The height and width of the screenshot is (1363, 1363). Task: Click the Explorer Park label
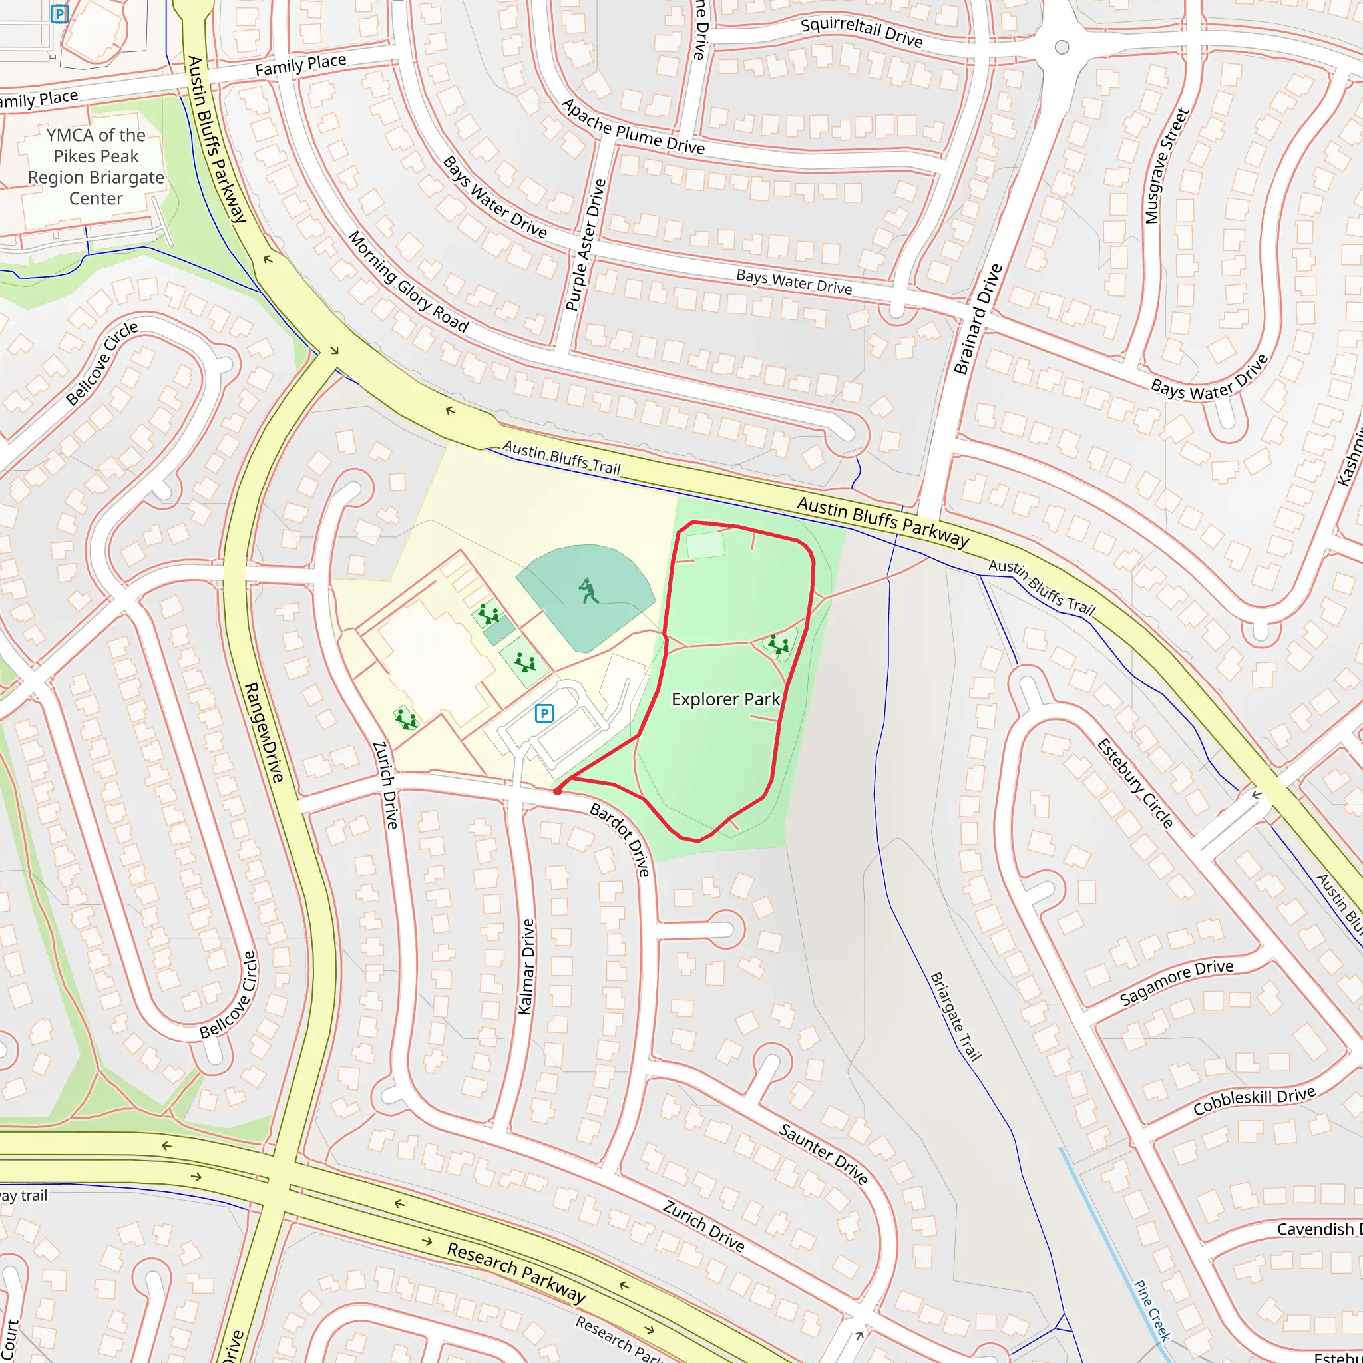725,699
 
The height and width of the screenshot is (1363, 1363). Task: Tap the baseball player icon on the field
588,591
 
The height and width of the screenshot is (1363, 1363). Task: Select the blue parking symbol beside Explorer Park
543,713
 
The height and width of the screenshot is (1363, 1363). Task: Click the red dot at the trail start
557,791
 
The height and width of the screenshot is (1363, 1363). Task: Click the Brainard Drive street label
978,319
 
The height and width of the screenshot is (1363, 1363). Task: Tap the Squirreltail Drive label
861,33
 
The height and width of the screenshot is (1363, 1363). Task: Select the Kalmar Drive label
526,967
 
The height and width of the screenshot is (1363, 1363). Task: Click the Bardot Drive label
620,839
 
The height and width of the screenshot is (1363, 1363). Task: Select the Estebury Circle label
1135,783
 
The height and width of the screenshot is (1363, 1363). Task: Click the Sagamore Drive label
1177,982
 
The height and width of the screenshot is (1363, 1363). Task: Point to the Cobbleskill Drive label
1254,1101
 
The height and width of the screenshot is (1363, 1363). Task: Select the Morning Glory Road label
409,282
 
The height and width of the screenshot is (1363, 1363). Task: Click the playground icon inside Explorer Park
779,644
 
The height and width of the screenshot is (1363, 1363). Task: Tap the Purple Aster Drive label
586,245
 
